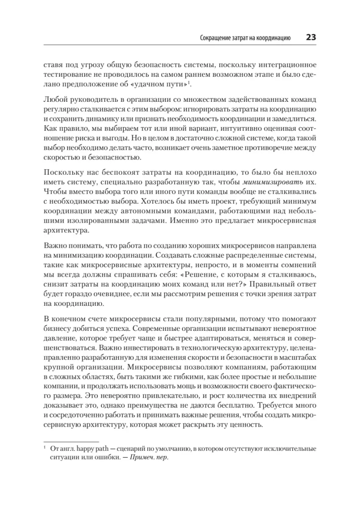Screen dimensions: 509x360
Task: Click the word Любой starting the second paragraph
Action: click(54, 100)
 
